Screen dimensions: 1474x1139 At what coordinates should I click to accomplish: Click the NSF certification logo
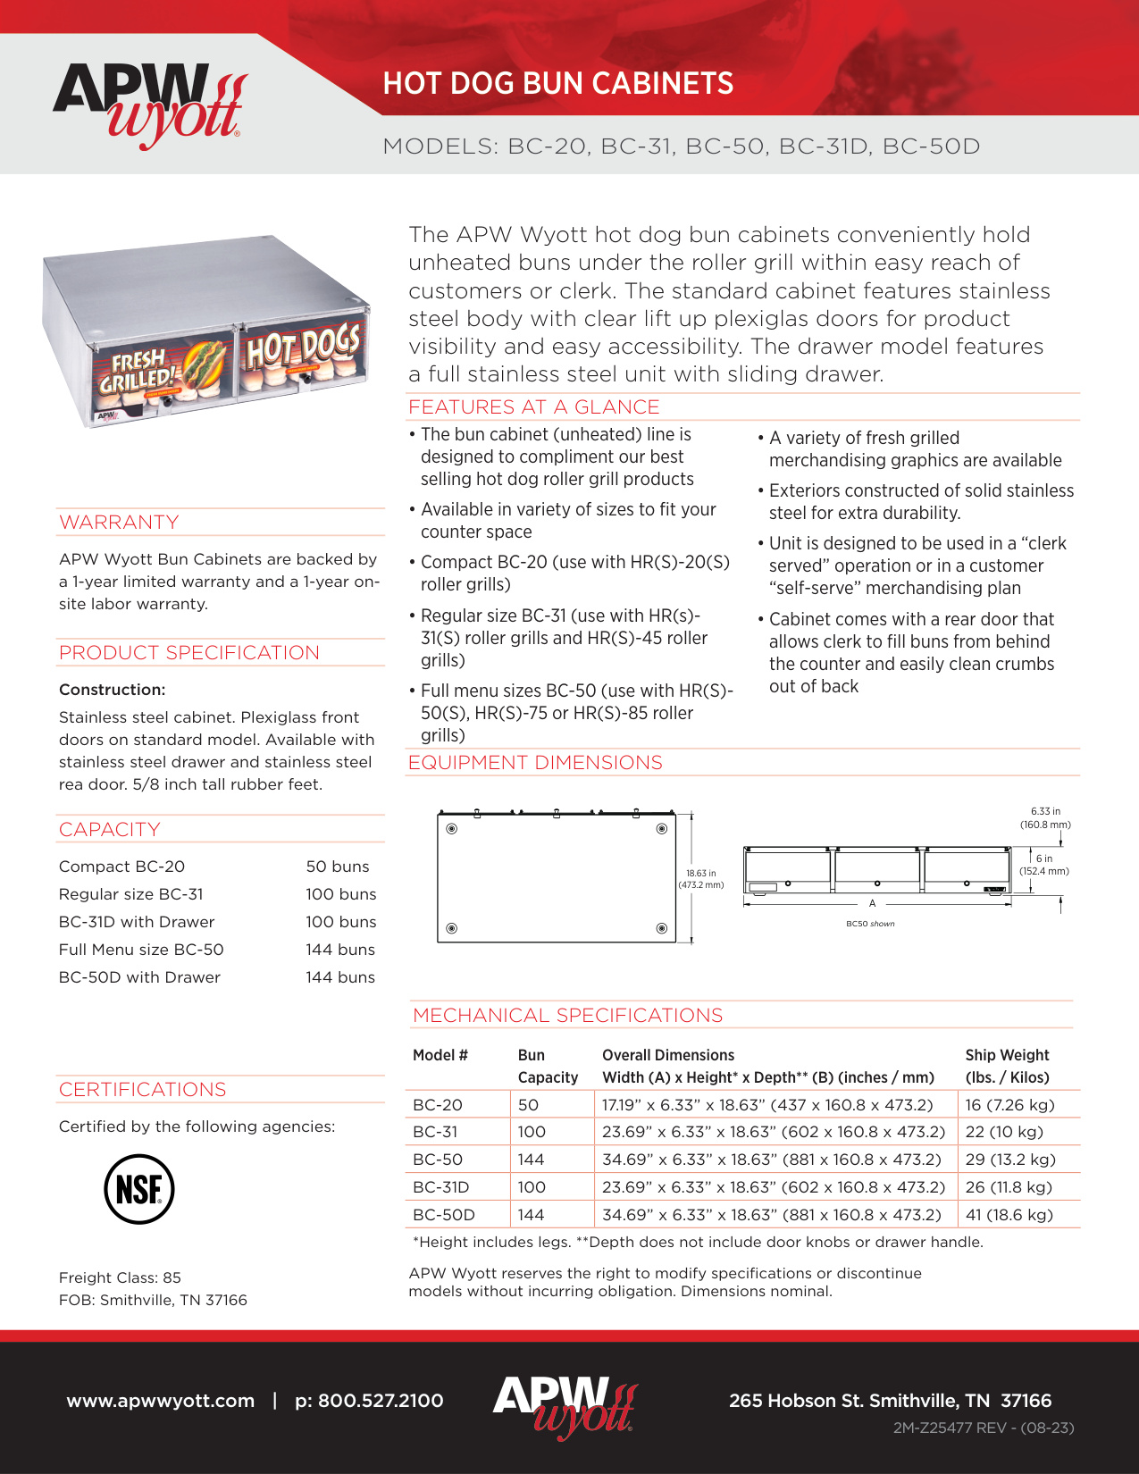pos(138,1189)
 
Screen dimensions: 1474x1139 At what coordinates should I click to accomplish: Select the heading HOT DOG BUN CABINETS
pos(557,84)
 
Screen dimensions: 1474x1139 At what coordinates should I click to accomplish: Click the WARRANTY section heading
pos(119,523)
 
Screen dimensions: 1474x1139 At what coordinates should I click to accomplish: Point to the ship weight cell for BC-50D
pos(1009,1215)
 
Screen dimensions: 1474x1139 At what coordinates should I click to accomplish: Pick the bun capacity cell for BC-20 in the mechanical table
pos(528,1105)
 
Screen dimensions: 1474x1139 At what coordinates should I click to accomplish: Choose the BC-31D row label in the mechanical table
pos(440,1187)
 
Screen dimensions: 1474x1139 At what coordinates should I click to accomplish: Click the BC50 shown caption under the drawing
pos(870,924)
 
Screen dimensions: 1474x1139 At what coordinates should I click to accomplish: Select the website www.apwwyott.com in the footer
pos(161,1401)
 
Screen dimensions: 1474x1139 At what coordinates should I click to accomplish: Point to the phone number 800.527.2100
pos(369,1401)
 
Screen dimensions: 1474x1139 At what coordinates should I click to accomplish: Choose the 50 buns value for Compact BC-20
pos(337,867)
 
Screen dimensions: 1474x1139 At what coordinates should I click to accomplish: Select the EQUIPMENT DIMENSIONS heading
pos(535,763)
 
